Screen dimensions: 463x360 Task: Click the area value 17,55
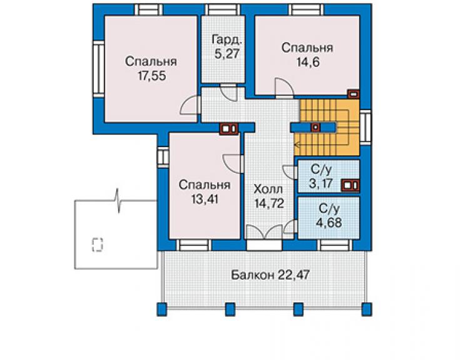coord(152,76)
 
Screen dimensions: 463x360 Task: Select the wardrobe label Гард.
coord(227,40)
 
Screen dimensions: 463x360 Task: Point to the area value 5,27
coord(226,54)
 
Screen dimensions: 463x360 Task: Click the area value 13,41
coord(205,199)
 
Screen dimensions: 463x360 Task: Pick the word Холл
coord(268,189)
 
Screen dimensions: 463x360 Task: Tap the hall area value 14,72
coord(269,203)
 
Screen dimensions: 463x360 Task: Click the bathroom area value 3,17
coord(321,183)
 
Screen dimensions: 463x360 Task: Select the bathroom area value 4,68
coord(329,222)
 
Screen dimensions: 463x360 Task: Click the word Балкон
coord(252,275)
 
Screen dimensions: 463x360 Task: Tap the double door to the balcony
coord(265,232)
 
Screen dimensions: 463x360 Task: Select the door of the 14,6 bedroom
coord(284,88)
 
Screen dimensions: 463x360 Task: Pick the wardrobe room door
coord(229,92)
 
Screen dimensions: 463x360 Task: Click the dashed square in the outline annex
coord(98,245)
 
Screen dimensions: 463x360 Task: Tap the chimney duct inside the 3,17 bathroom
coord(350,185)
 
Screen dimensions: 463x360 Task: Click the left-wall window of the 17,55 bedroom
coord(98,69)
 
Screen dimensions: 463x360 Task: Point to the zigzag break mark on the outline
coord(118,201)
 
